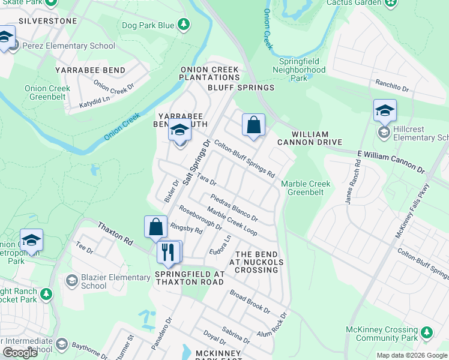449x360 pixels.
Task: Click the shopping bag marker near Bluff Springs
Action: pos(253,125)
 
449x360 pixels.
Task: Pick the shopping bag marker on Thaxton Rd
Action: pos(155,227)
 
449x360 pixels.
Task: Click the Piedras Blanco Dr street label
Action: pos(234,208)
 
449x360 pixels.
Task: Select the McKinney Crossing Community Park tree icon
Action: pos(427,332)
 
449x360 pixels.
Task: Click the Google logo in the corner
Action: pos(20,352)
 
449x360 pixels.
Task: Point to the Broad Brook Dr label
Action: pos(250,302)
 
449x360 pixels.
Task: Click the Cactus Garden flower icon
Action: pos(391,3)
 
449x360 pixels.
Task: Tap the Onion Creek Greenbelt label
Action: pos(47,92)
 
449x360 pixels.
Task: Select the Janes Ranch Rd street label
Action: pos(352,186)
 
